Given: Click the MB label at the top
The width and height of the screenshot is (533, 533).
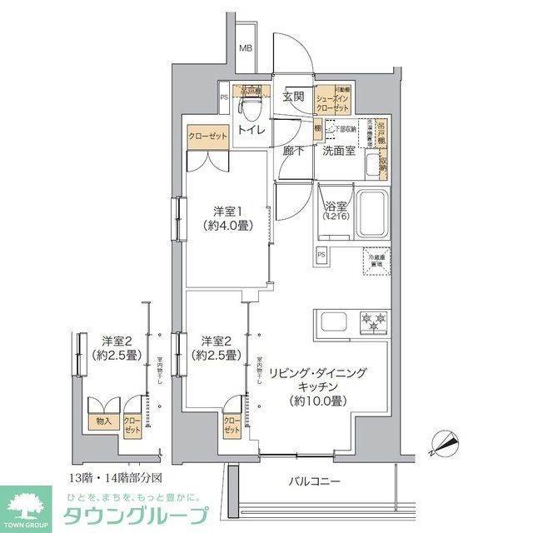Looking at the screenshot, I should tap(246, 47).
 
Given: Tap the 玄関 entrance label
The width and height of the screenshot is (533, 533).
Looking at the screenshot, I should tap(292, 97).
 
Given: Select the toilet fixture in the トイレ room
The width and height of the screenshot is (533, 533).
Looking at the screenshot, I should tap(248, 108).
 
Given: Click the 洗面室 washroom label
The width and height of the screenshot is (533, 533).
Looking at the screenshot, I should tap(340, 151).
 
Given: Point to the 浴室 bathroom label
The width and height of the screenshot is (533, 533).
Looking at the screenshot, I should tap(336, 203).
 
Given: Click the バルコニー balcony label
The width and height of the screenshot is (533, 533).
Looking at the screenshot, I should tap(316, 481).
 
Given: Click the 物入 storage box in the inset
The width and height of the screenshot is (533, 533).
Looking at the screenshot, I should tap(104, 421).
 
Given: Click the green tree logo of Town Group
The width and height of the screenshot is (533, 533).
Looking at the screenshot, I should tap(31, 504).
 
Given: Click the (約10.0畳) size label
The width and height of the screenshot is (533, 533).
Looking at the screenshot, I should tap(316, 401).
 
